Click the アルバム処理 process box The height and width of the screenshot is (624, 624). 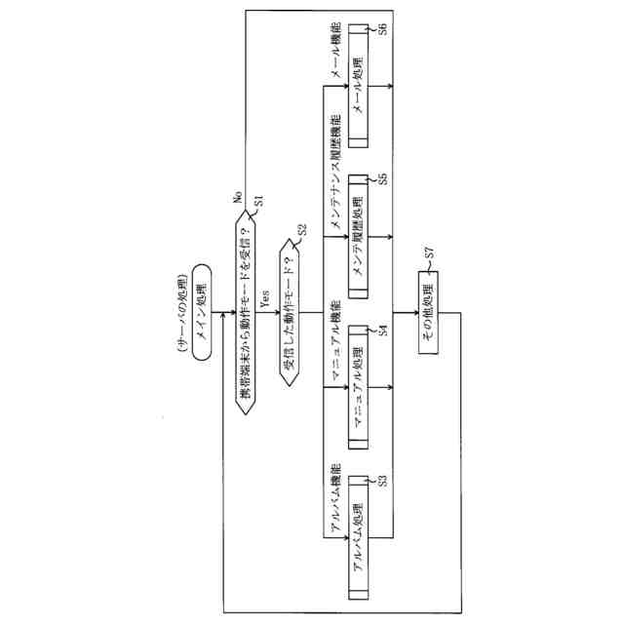[357, 535]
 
